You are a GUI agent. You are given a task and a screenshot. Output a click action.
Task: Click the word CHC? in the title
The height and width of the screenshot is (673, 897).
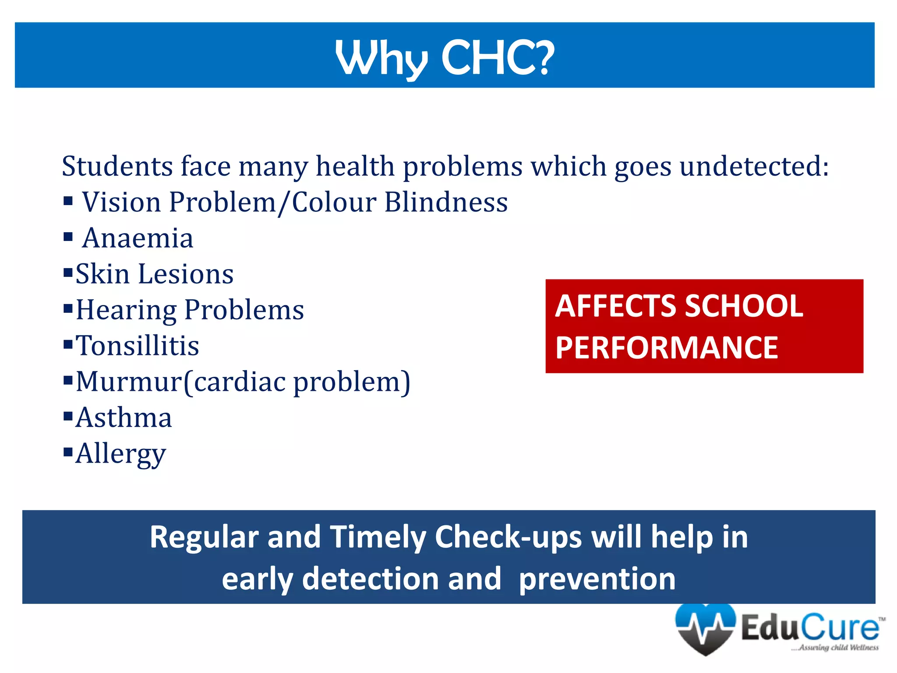click(498, 58)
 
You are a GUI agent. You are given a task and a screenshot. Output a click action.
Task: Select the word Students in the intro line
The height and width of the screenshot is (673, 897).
click(117, 166)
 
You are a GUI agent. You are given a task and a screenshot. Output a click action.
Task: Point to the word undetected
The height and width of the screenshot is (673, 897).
click(754, 166)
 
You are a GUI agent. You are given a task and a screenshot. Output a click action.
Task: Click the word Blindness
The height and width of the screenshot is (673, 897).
click(446, 202)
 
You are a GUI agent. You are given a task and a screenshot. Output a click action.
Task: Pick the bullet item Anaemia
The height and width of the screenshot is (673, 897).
click(138, 238)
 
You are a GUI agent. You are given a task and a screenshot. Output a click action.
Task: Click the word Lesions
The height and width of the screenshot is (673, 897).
click(186, 274)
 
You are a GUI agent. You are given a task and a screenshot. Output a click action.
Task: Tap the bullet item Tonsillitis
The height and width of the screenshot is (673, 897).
click(138, 346)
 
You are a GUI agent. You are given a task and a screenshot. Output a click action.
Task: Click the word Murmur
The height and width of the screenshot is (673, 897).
click(129, 382)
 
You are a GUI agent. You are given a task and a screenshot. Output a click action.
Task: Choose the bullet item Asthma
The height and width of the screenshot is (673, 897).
click(124, 418)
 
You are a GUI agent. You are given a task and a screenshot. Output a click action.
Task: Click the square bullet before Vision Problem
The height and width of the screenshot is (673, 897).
click(68, 201)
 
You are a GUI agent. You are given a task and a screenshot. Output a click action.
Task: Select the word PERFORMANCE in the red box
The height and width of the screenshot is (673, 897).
click(667, 348)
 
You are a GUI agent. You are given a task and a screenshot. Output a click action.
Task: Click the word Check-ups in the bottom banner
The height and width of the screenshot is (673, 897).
click(508, 537)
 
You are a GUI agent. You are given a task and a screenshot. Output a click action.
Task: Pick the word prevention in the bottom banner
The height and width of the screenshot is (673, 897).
click(597, 579)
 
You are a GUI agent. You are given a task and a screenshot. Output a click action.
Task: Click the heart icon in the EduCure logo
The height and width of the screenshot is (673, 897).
click(705, 629)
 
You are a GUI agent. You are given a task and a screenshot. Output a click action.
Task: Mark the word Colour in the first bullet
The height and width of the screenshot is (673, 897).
click(334, 202)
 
